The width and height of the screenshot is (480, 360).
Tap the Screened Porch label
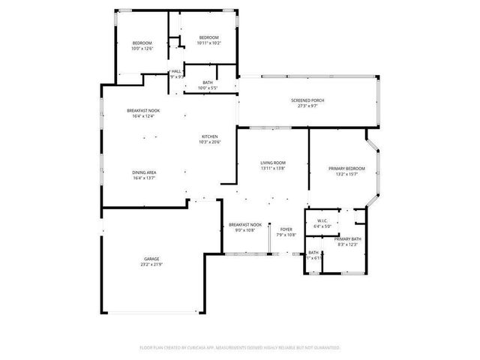pyautogui.click(x=307, y=100)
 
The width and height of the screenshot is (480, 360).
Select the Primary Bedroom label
pyautogui.click(x=346, y=169)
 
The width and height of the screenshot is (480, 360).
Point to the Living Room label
pyautogui.click(x=273, y=163)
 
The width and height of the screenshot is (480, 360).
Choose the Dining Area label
pyautogui.click(x=145, y=172)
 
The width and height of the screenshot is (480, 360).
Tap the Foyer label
pyautogui.click(x=286, y=229)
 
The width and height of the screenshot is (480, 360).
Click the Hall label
pyautogui.click(x=176, y=71)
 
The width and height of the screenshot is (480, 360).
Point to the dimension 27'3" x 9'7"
pyautogui.click(x=307, y=106)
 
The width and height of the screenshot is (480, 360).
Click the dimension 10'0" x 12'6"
pyautogui.click(x=142, y=49)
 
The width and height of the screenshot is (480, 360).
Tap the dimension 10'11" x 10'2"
pyautogui.click(x=208, y=43)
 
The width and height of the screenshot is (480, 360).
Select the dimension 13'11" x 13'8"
pyautogui.click(x=273, y=168)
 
